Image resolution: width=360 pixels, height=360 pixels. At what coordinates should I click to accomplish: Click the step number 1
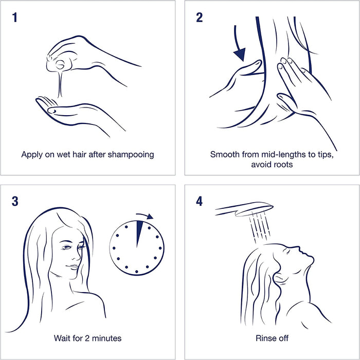(15, 17)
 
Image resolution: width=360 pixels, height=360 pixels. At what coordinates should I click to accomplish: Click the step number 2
(200, 17)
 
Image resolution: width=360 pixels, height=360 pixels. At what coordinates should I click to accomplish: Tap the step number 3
(15, 202)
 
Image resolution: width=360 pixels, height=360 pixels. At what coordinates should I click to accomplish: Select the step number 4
(200, 202)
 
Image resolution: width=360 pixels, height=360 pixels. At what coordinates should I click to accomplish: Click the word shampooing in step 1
(131, 155)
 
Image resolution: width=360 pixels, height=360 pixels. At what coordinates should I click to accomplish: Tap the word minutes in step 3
(106, 338)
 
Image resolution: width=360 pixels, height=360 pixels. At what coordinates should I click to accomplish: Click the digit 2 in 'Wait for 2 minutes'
(87, 338)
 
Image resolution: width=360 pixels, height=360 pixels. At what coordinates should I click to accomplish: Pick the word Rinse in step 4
(263, 338)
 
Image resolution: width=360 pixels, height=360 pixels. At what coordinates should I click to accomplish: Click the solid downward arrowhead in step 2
(240, 55)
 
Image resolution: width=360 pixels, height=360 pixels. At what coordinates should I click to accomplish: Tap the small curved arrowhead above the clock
(150, 217)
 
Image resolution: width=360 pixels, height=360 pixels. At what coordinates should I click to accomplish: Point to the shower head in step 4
(244, 209)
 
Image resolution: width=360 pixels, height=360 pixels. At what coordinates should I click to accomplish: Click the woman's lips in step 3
(73, 267)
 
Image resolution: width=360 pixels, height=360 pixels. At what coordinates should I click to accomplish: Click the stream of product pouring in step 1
(60, 84)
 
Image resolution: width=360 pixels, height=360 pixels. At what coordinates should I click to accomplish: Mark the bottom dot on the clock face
(137, 272)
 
